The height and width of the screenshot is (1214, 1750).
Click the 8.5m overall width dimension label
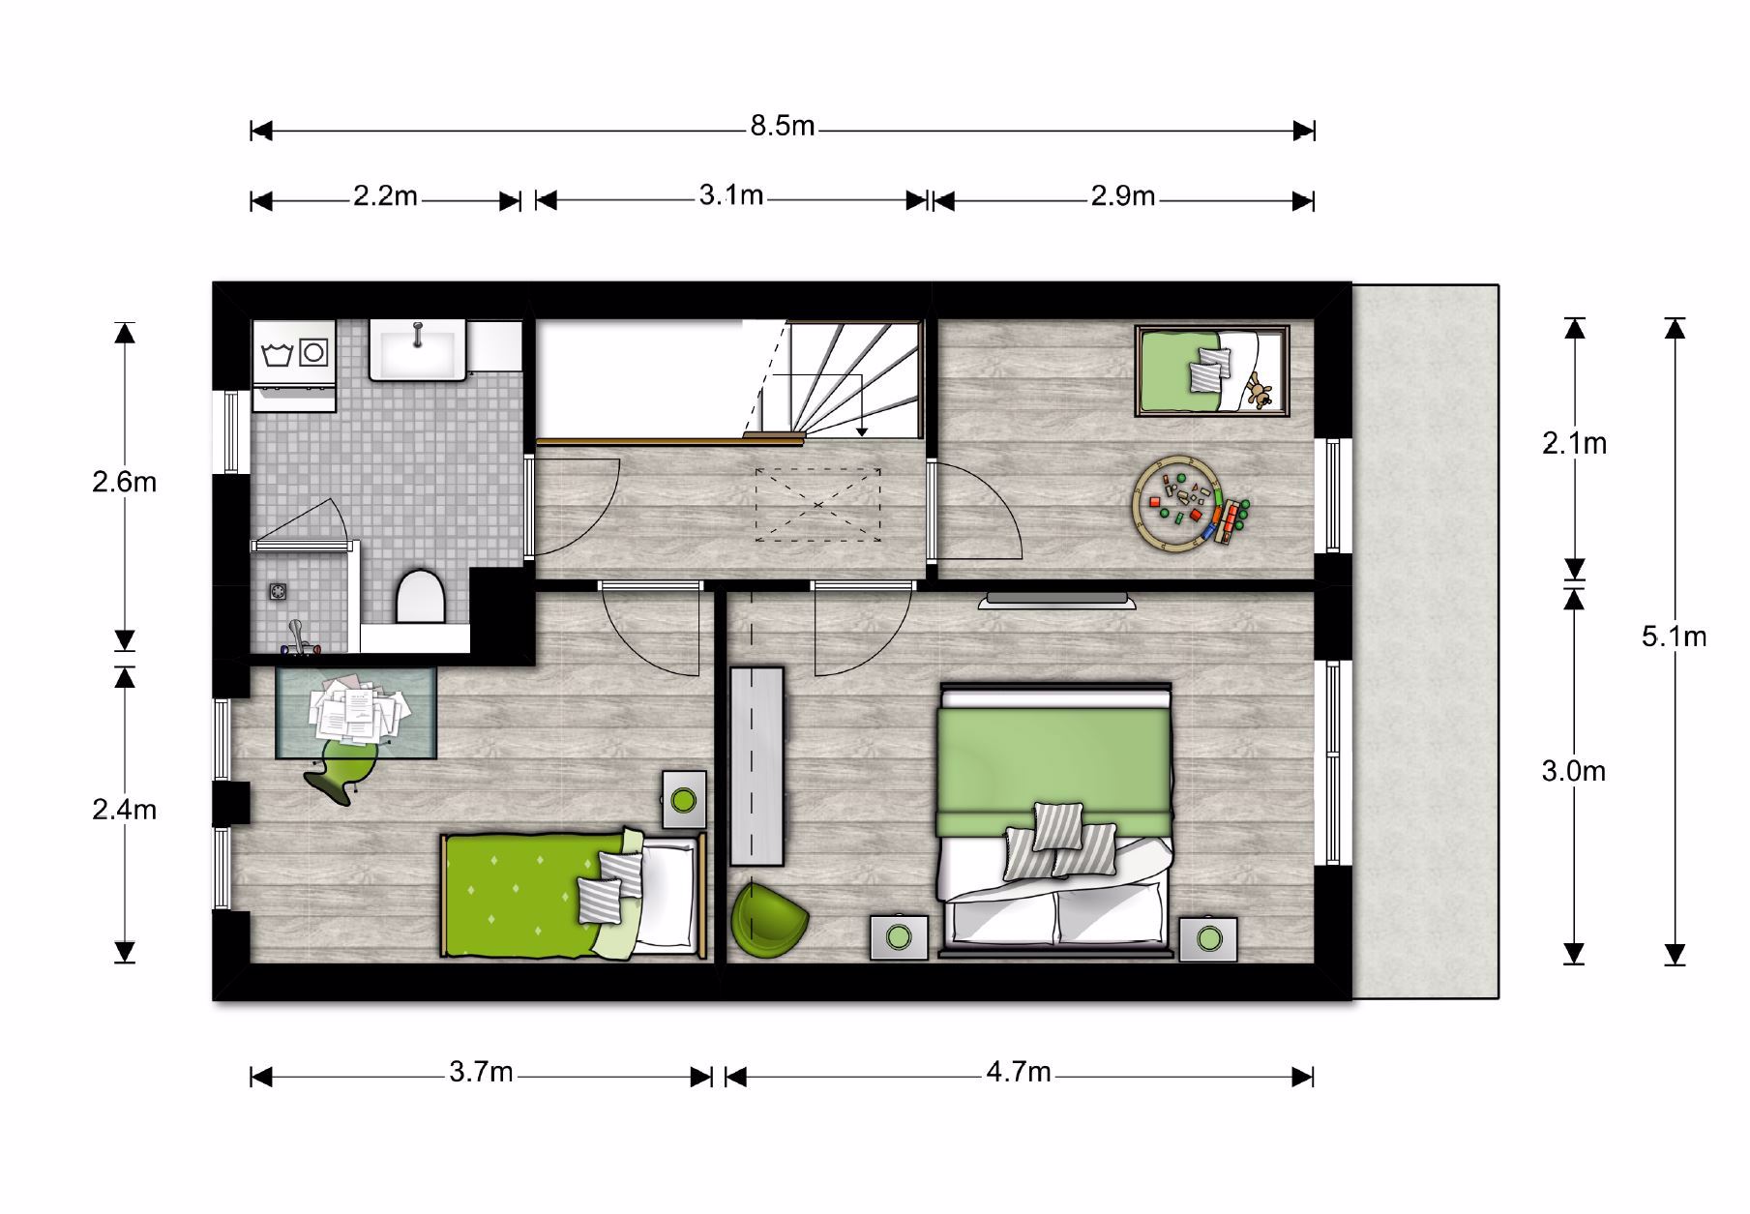pos(783,126)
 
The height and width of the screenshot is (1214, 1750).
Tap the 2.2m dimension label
pos(385,196)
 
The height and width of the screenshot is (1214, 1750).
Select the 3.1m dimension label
pos(731,195)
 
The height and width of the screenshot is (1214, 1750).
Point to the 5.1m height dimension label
pos(1674,637)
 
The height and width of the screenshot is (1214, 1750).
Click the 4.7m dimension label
pos(1019,1072)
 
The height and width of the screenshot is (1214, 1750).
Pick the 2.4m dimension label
pos(125,810)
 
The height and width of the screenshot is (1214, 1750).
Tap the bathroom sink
pos(418,350)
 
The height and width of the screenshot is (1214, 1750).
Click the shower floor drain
pos(279,590)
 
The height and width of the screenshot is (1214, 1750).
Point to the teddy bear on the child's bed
pos(1259,390)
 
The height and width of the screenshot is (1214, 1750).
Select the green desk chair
pos(341,770)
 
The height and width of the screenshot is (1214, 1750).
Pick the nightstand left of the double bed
pos(900,937)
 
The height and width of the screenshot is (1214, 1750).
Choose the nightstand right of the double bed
pos(1208,938)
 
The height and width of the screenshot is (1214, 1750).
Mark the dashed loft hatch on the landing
pos(818,504)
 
